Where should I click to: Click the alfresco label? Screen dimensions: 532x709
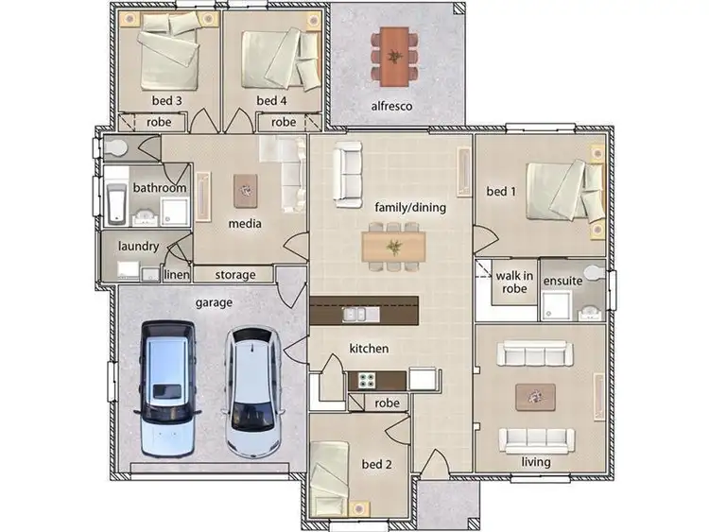point(391,107)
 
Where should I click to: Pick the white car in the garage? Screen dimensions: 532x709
point(252,387)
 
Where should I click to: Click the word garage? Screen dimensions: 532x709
point(214,302)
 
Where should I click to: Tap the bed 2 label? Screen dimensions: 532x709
point(375,464)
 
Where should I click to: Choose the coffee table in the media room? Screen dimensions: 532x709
point(245,190)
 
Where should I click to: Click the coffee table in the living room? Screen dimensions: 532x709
point(535,397)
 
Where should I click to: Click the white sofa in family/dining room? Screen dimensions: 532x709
point(346,175)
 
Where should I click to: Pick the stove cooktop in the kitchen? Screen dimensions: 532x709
point(365,380)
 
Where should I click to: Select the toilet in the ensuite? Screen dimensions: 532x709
point(592,275)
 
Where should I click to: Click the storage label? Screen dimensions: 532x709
point(235,275)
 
